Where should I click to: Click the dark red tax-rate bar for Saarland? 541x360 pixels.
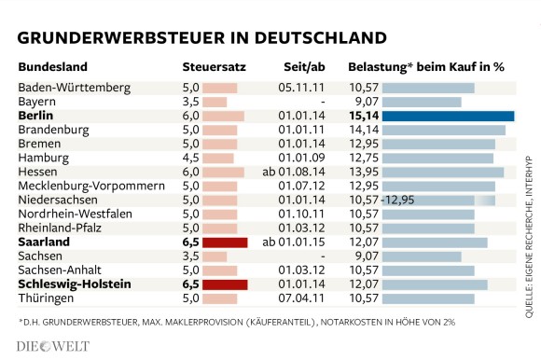click(225, 242)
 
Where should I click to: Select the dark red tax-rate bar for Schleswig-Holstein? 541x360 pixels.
click(225, 284)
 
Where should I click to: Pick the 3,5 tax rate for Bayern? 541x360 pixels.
click(190, 101)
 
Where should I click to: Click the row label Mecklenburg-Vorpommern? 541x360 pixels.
click(84, 186)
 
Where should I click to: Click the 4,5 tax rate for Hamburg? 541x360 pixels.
click(190, 158)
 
